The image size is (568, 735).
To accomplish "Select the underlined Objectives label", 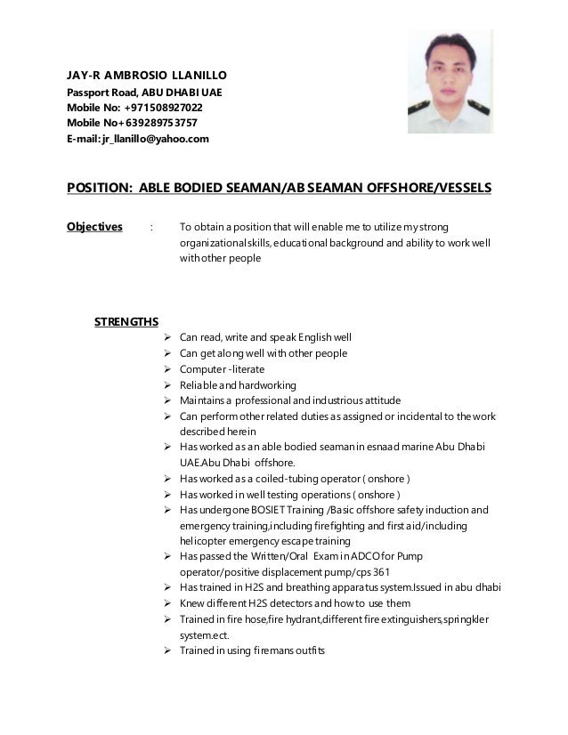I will (x=95, y=226).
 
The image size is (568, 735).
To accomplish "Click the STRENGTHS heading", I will (x=126, y=321).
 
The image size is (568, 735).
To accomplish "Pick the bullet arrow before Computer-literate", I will (x=168, y=369).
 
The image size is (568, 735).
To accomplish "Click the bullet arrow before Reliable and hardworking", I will (x=168, y=385).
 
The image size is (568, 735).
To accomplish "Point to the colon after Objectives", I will (x=152, y=226).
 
